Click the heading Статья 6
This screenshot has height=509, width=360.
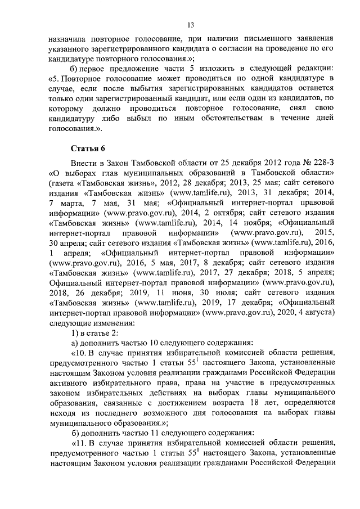click(88, 148)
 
